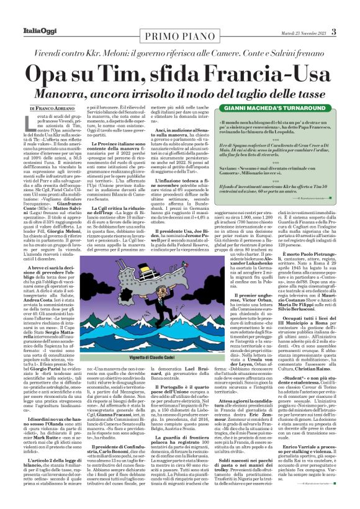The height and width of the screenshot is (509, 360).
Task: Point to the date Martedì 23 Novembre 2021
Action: click(x=301, y=32)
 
